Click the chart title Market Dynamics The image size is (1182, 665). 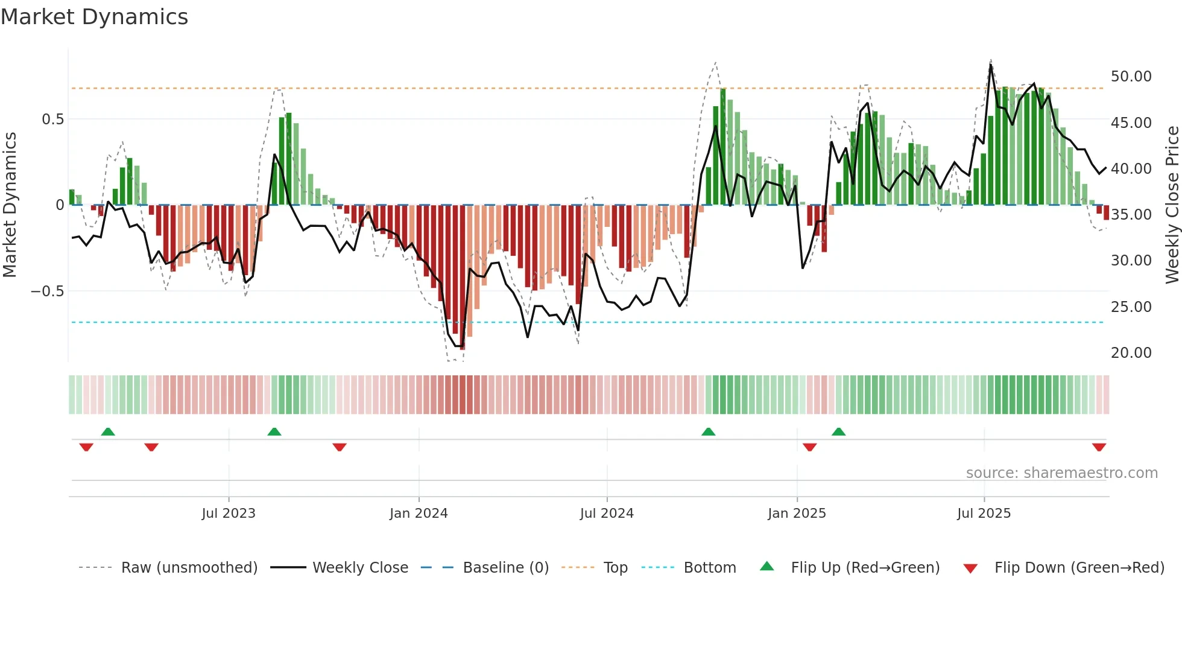click(95, 17)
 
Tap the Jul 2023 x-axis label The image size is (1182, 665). click(229, 514)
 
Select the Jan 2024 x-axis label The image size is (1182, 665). click(419, 514)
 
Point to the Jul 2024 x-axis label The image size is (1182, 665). click(607, 514)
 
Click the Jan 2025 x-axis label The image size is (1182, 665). click(797, 514)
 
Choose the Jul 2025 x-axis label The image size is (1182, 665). click(984, 514)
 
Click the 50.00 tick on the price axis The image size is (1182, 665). click(1131, 77)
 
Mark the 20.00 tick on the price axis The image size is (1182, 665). click(1131, 353)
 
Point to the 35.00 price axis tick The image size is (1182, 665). click(1131, 215)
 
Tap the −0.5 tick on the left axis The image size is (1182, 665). click(48, 291)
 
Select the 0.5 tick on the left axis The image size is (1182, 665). click(52, 119)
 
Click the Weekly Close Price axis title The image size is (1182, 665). click(1172, 205)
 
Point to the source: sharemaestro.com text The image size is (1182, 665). click(1061, 473)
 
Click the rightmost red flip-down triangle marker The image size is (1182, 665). click(1099, 447)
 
